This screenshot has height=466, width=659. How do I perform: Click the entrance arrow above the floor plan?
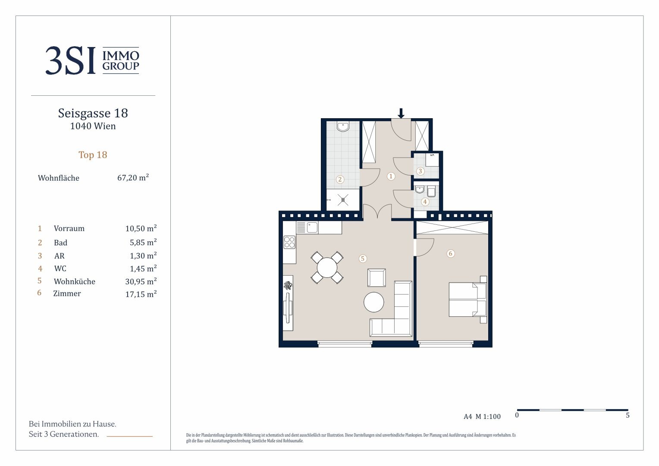click(x=401, y=113)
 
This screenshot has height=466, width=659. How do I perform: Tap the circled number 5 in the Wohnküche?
click(x=362, y=258)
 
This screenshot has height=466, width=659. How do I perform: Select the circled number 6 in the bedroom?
click(x=450, y=253)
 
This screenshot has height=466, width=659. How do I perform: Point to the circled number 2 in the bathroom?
click(x=340, y=179)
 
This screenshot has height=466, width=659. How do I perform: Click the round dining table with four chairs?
click(x=327, y=267)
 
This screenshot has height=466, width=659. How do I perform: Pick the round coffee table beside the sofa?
click(x=373, y=302)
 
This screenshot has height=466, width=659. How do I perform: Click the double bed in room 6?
click(x=468, y=299)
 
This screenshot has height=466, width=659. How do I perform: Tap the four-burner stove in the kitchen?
click(x=289, y=242)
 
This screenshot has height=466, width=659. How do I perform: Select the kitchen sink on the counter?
click(x=312, y=227)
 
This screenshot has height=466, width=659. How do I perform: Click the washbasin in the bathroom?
click(x=343, y=126)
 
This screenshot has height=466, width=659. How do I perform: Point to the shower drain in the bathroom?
click(x=343, y=200)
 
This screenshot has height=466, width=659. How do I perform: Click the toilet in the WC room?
click(x=432, y=191)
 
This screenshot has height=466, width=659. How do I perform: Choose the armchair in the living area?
click(x=377, y=277)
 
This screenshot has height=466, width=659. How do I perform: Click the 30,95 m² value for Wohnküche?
click(x=141, y=281)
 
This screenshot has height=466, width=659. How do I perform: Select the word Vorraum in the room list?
click(x=69, y=228)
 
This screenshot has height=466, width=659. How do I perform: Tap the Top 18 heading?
click(x=93, y=154)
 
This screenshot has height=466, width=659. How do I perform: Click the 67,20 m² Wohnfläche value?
click(x=133, y=177)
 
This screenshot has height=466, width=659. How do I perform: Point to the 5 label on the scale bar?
click(x=628, y=415)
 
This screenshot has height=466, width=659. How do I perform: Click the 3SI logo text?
click(x=71, y=60)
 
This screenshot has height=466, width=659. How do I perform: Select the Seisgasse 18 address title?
click(x=93, y=113)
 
